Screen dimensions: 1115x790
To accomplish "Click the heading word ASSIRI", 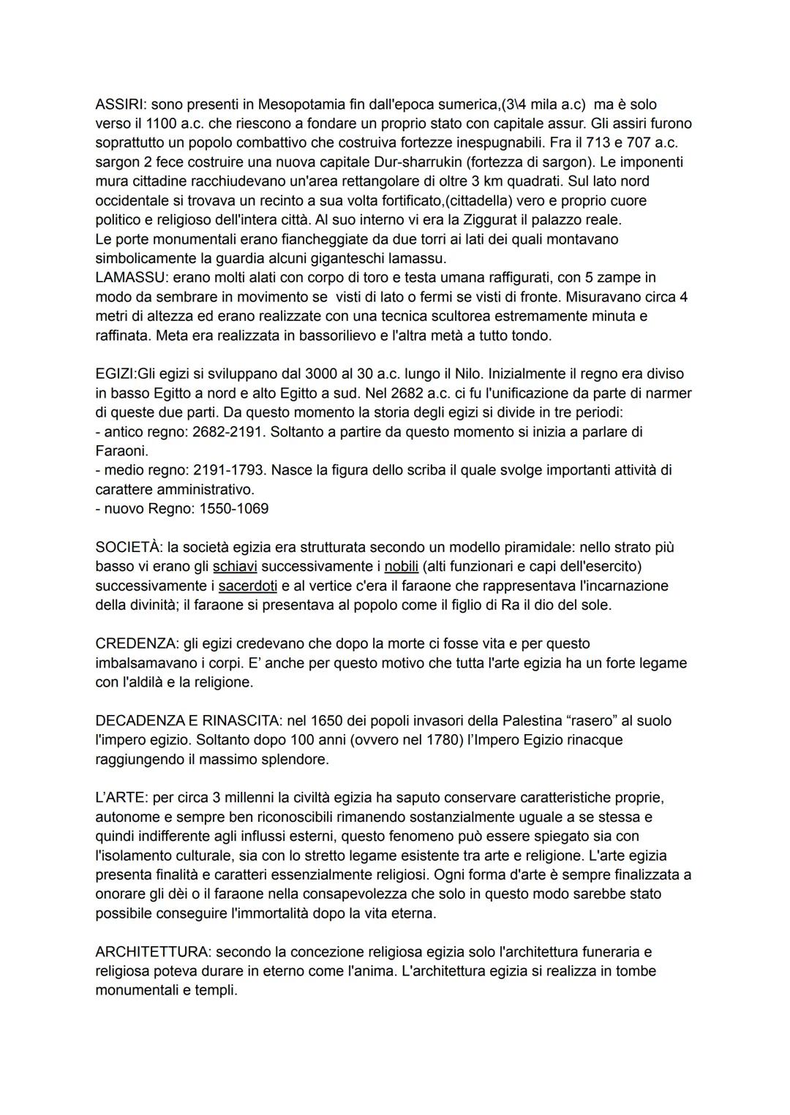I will click(120, 105).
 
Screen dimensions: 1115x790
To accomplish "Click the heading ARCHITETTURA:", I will click(154, 952).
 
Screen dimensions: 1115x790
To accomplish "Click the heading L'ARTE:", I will click(122, 798).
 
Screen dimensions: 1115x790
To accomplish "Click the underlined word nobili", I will click(401, 567).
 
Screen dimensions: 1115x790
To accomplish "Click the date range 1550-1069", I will click(233, 509).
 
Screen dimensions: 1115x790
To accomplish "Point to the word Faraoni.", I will click(121, 451).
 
